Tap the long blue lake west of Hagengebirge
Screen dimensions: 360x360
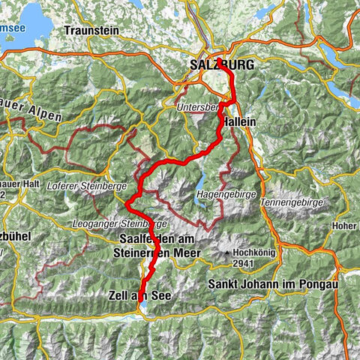(202, 182)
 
